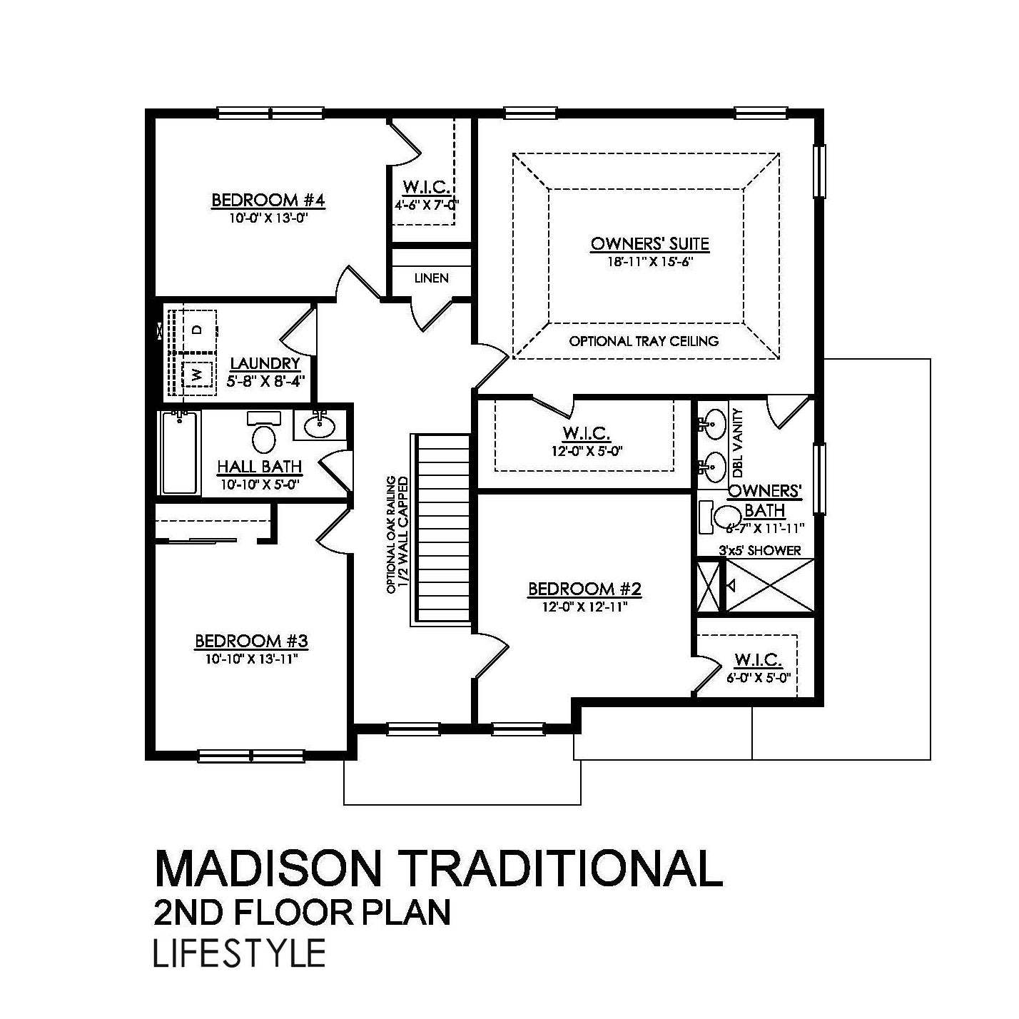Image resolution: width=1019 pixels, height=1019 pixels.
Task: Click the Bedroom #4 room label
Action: [x=268, y=201]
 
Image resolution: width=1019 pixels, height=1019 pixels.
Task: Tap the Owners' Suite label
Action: [x=649, y=244]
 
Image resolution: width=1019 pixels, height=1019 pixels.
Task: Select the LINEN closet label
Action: [x=431, y=278]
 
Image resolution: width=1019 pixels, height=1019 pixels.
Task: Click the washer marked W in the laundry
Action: [x=198, y=374]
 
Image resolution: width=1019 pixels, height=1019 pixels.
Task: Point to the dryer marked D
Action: [x=198, y=329]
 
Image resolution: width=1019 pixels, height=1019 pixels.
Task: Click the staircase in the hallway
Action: [x=442, y=529]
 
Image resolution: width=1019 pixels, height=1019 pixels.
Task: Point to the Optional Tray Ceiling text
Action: [x=644, y=341]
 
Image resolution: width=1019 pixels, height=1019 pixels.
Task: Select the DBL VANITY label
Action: [x=738, y=442]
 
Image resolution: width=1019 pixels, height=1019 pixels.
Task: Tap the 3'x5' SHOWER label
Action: [x=759, y=550]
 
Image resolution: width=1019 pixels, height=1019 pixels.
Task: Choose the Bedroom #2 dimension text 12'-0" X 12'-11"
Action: [x=584, y=607]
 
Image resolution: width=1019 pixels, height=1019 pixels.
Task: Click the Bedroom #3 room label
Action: [x=251, y=642]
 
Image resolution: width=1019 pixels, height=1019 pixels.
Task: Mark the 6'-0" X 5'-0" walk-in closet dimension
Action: [x=758, y=677]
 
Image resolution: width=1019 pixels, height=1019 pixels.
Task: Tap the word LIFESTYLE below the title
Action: [x=240, y=953]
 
